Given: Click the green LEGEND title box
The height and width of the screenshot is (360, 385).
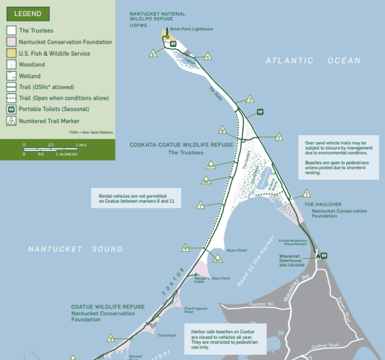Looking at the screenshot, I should coord(28,14).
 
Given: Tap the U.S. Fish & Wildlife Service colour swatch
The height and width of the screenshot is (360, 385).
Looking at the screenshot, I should coord(11,53).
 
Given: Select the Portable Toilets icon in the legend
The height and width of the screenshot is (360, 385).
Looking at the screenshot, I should coord(11,109).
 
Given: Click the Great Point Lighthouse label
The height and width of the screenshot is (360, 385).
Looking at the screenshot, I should coord(191,29).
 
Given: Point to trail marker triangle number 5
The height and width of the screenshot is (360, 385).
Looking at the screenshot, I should coord(152,53).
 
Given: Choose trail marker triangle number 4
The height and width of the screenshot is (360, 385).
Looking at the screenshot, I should coord(208,57).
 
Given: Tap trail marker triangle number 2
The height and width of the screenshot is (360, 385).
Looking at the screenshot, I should coord(279,137).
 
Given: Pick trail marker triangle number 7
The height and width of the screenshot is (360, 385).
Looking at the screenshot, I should coord(201,205).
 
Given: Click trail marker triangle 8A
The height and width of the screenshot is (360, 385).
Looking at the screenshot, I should coord(218,260).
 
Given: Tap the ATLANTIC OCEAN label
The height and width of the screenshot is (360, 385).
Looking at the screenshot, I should coord(313,61).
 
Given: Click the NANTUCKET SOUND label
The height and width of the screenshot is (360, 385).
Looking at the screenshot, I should coord(75,249).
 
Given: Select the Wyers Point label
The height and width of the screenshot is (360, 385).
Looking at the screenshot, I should coord(237,250).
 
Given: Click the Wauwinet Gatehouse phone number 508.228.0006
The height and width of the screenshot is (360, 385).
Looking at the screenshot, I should coord(292,265).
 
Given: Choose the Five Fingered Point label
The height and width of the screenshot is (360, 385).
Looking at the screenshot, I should coord(196,310).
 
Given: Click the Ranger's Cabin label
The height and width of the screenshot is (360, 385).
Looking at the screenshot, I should coord(199,280).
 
